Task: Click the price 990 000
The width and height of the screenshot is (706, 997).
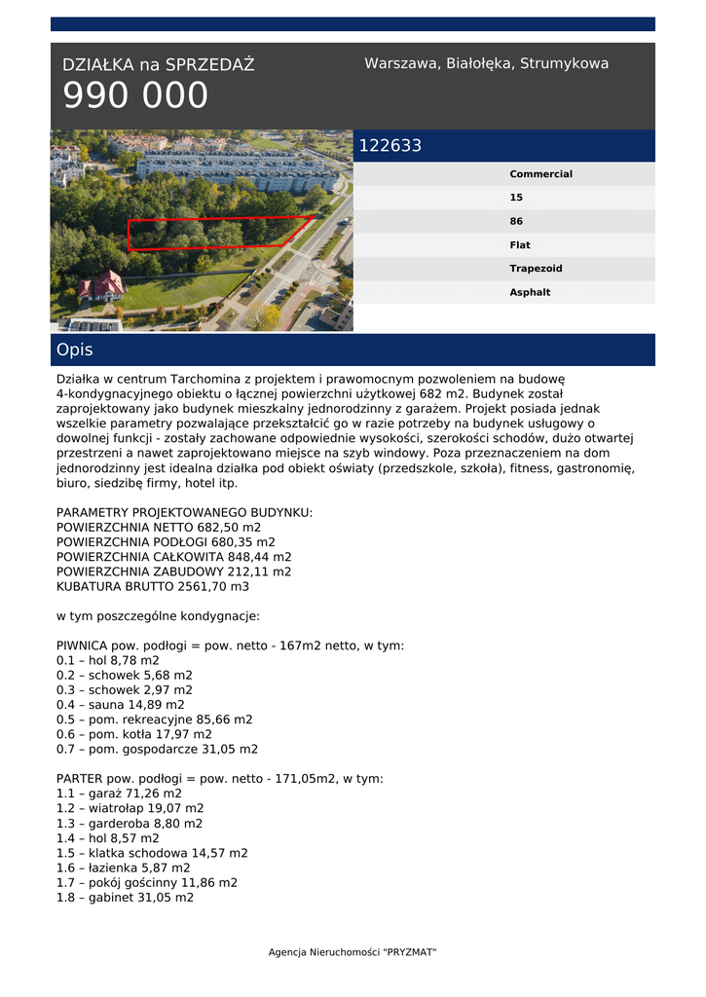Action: click(x=135, y=95)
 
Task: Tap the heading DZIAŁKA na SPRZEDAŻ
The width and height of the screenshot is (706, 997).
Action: click(x=158, y=65)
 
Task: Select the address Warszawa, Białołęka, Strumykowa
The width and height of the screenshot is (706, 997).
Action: click(x=486, y=63)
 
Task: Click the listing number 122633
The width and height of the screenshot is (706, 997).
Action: click(x=390, y=146)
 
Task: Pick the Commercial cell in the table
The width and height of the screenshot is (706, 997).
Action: click(x=540, y=174)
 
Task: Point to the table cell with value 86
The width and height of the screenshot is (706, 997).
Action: click(x=516, y=221)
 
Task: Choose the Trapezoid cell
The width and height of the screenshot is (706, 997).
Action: click(x=536, y=269)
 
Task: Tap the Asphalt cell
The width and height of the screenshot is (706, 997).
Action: click(x=530, y=292)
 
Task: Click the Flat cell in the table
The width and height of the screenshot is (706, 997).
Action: click(x=520, y=245)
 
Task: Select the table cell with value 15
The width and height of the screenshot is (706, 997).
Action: click(x=516, y=198)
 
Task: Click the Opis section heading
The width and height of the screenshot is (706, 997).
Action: click(x=75, y=350)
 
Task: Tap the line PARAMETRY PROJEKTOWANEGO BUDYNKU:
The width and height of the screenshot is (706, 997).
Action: click(x=184, y=512)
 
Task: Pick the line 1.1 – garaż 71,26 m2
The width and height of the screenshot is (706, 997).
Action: click(x=119, y=794)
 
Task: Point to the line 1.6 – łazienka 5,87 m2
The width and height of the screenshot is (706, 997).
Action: click(x=124, y=868)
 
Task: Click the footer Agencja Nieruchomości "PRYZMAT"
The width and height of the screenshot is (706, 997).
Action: click(x=353, y=952)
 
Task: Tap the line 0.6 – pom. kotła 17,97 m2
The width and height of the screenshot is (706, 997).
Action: click(x=134, y=734)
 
